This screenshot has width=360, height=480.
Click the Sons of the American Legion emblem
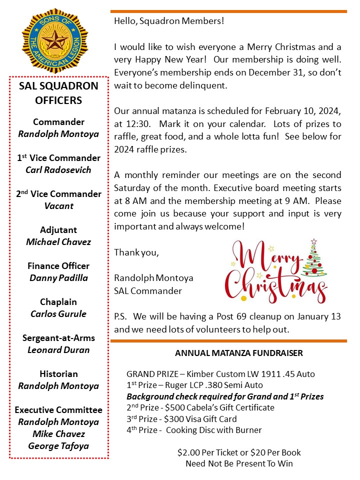(55, 40)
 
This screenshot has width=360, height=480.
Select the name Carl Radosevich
(58, 170)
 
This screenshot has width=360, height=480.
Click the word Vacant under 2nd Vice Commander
(58, 206)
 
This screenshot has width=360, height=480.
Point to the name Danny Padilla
(58, 278)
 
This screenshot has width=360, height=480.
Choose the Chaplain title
(58, 302)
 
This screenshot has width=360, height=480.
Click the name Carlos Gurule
(58, 314)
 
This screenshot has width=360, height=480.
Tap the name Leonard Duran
(58, 350)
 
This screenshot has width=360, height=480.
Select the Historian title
(58, 374)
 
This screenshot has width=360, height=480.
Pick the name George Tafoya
(58, 446)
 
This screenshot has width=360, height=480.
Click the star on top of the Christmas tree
(313, 241)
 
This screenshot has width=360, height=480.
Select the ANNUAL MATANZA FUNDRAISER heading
(239, 353)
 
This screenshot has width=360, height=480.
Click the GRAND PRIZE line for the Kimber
(220, 374)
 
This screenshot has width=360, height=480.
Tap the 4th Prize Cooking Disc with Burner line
(194, 430)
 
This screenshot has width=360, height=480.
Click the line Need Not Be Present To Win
(239, 463)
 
